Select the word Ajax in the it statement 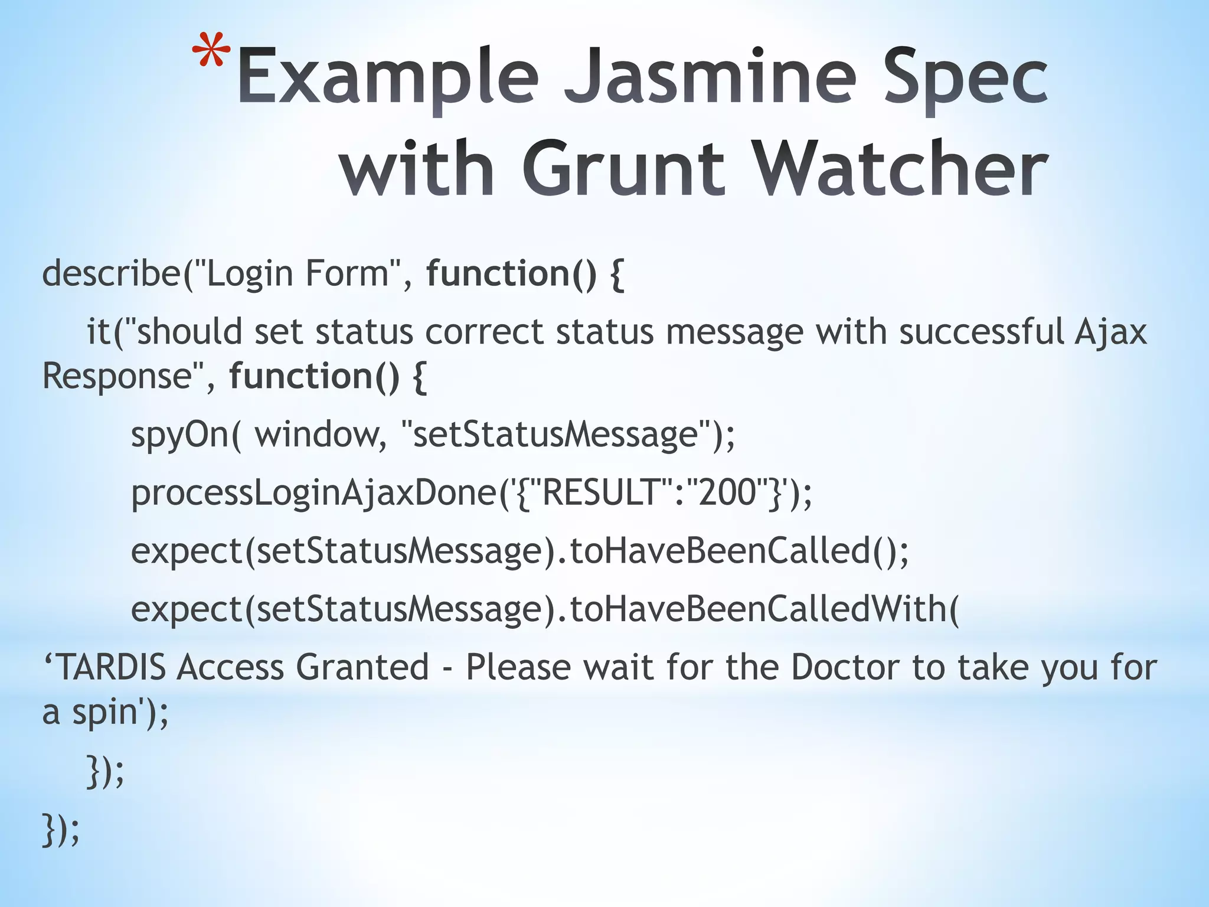click(1110, 332)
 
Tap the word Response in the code click(119, 377)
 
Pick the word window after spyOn click(318, 435)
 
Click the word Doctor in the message click(845, 667)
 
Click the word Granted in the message click(362, 667)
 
